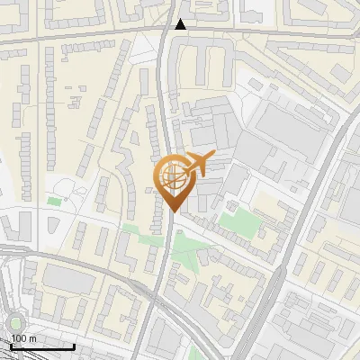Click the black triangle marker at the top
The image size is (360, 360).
pos(182,24)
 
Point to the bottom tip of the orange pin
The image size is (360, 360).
pos(171,211)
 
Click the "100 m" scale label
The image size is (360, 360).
pos(23,338)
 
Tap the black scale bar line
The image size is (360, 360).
pos(41,346)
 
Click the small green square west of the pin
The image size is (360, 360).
pos(54,201)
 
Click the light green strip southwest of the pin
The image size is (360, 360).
pos(135,229)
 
